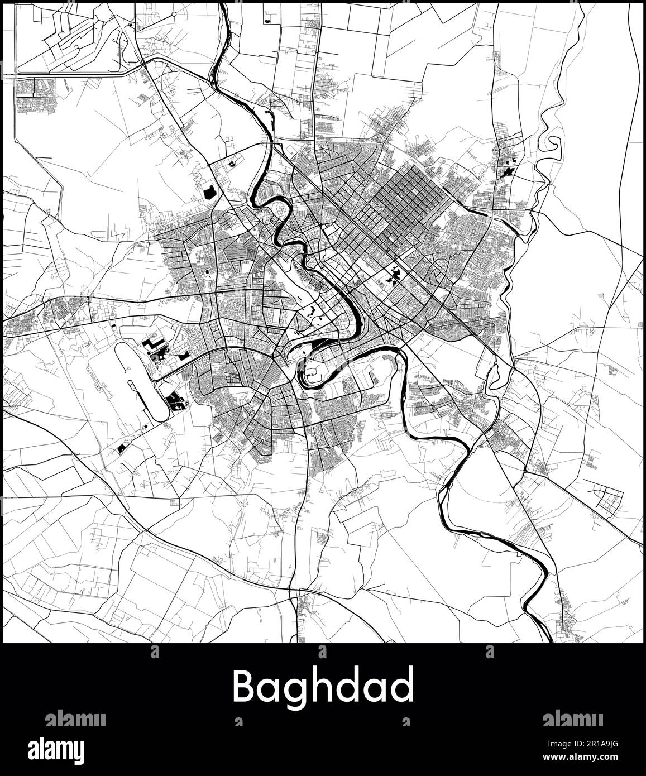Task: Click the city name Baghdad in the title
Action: [323, 686]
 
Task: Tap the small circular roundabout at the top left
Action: [174, 13]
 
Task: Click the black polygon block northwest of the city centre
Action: [210, 193]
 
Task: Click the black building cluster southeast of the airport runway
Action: [175, 400]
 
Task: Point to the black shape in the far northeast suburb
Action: [509, 170]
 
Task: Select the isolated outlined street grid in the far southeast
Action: [607, 498]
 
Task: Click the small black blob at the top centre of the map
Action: [268, 19]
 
